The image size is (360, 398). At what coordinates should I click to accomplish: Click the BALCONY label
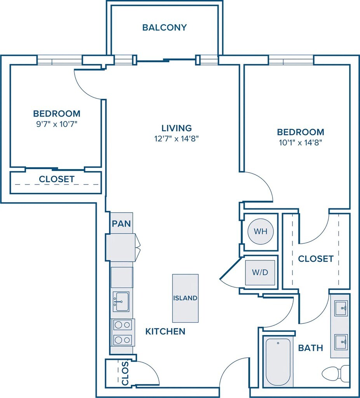[x=164, y=28]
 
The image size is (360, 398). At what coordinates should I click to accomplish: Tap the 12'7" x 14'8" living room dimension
[x=176, y=139]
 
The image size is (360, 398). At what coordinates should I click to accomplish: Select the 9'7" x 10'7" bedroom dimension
[x=57, y=124]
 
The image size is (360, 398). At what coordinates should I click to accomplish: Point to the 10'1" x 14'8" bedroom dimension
[x=300, y=143]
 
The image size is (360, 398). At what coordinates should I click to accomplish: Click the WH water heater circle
[x=261, y=231]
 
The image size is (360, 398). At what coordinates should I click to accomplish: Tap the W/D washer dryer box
[x=260, y=272]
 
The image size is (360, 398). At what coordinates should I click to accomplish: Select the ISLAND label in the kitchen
[x=185, y=298]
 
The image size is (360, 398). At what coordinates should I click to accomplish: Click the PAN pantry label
[x=121, y=223]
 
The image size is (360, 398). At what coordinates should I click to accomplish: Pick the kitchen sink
[x=121, y=302]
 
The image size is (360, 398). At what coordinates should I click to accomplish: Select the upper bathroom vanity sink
[x=341, y=308]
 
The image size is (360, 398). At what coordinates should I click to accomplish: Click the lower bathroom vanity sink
[x=341, y=342]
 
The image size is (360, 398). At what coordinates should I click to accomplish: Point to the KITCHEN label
[x=165, y=331]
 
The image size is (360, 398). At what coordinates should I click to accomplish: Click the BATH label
[x=311, y=348]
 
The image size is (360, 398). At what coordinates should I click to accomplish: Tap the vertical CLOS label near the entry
[x=125, y=373]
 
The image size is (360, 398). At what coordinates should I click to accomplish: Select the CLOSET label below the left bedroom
[x=57, y=179]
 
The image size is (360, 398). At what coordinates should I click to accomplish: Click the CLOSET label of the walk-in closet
[x=316, y=258]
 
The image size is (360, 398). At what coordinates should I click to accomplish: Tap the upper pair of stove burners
[x=123, y=325]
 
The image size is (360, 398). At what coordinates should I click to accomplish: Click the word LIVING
[x=177, y=128]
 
